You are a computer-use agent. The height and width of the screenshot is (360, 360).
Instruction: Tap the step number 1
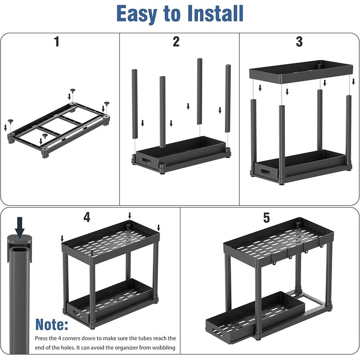[56, 42]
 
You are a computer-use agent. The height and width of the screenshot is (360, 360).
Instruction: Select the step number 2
[176, 42]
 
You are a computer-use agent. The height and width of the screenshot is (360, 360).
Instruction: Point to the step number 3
[299, 42]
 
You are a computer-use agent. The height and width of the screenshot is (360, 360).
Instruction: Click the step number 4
[87, 217]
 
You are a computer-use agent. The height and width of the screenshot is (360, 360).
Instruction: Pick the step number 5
[266, 218]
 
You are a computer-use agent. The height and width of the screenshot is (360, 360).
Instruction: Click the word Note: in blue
[52, 324]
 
